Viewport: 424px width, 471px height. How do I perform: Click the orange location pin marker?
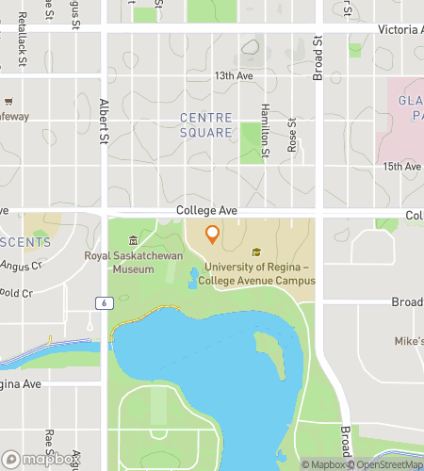pos(212,235)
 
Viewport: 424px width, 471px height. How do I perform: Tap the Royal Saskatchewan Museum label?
pos(132,262)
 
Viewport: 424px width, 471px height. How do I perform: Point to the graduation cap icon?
pos(256,252)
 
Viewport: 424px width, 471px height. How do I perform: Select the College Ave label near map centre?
pos(206,212)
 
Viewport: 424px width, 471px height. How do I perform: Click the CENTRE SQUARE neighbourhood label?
pos(205,124)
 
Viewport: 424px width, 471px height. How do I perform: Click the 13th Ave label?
pos(235,75)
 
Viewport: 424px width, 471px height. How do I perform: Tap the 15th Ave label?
pos(402,167)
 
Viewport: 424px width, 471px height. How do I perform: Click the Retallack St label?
pos(21,52)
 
